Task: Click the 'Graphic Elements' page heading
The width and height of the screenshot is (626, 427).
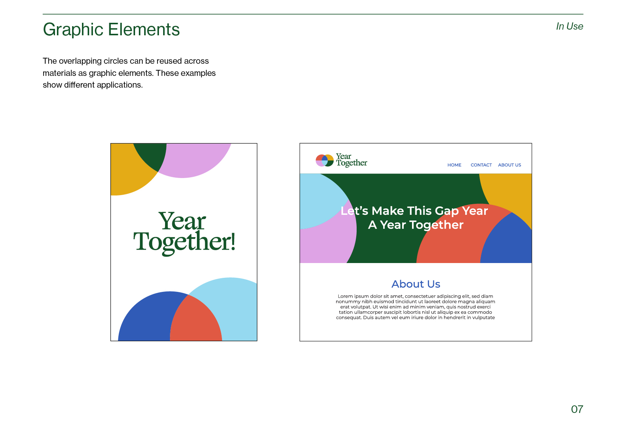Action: [x=111, y=30]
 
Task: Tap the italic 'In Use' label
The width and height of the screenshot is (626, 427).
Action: [x=569, y=26]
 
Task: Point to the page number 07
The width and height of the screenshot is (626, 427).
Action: [x=577, y=410]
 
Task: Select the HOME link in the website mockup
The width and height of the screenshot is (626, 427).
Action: [x=455, y=165]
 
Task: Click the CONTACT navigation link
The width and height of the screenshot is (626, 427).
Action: [x=481, y=165]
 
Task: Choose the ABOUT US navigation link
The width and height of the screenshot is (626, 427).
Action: [x=510, y=165]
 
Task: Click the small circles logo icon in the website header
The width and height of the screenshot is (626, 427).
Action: [x=324, y=161]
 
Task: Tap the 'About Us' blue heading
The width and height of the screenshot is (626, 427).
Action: [x=416, y=284]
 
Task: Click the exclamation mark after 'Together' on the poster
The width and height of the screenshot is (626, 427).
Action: [x=233, y=241]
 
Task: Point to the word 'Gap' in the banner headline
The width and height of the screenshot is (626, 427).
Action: [x=447, y=211]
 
